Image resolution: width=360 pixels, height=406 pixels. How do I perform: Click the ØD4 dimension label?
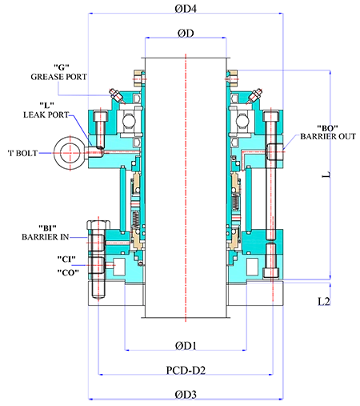pos(186,9)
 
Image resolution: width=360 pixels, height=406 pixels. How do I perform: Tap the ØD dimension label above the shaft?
pos(186,34)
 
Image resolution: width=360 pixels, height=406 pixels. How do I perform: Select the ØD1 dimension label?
pos(186,346)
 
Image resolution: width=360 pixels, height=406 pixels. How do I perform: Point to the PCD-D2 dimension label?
pos(186,370)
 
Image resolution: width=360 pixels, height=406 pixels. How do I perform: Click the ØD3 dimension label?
pos(186,395)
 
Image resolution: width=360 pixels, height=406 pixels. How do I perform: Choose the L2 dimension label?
pos(324,301)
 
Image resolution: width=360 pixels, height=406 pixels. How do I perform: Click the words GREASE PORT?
pos(58,77)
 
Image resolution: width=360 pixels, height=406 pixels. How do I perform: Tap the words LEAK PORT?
pos(46,115)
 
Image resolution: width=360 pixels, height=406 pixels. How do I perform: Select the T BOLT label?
pos(22,153)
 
